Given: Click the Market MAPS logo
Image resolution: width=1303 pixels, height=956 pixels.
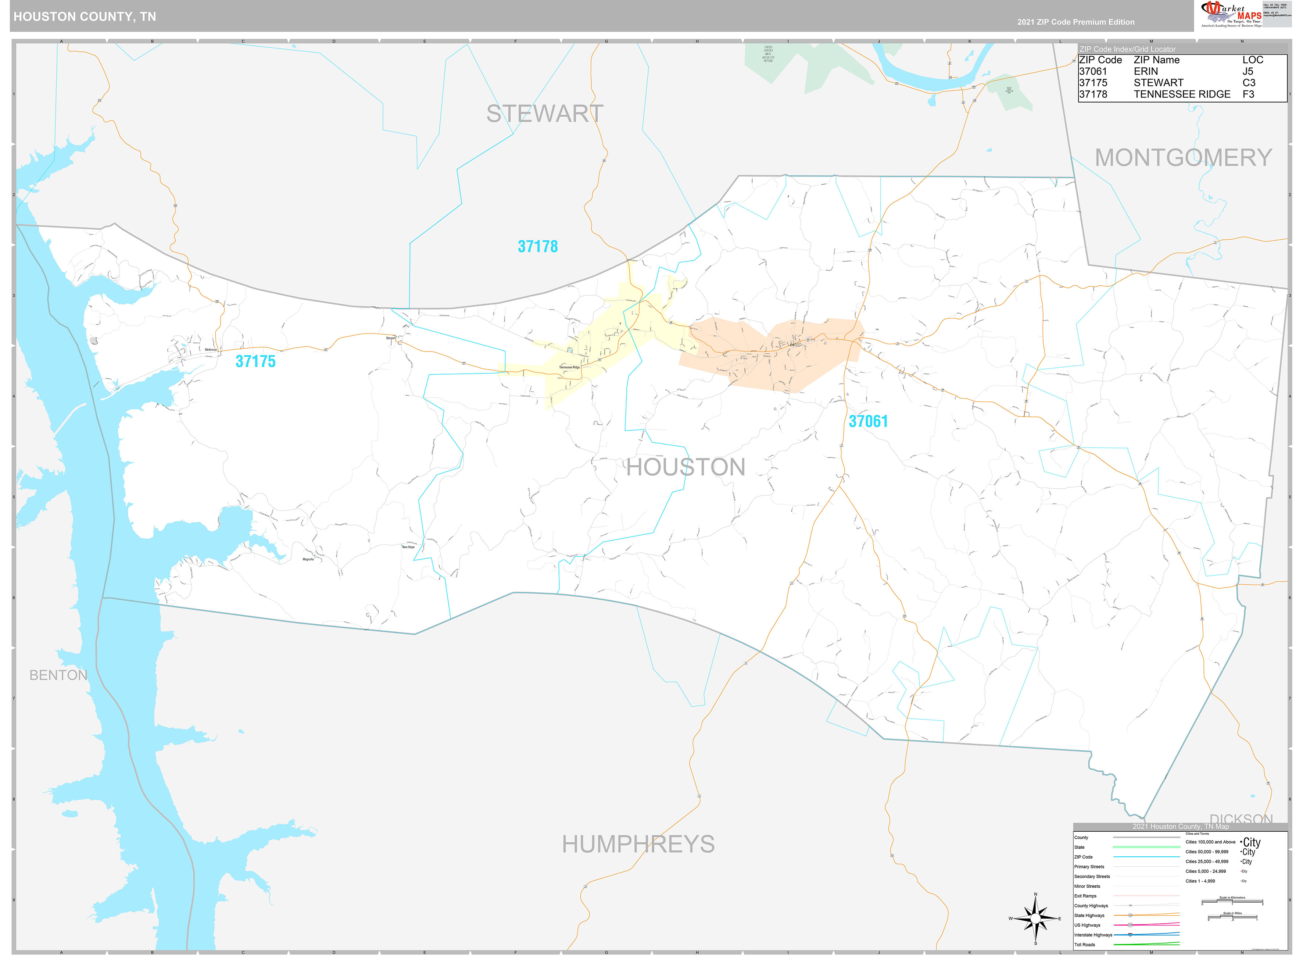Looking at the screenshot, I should coord(1230,14).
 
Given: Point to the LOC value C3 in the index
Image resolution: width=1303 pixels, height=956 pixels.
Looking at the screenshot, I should coord(1248,83).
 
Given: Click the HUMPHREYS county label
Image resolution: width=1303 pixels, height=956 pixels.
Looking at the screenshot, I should coord(638,844).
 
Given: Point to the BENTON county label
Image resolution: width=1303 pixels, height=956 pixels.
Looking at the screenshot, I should coord(58,675).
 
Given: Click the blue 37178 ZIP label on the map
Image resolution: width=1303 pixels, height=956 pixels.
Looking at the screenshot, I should coord(537,246).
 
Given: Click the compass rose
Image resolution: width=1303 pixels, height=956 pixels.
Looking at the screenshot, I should coord(1035,918).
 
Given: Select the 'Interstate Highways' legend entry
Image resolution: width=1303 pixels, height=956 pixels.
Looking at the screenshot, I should coord(1093,935).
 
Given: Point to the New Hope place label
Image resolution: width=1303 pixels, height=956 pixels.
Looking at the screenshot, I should coord(408,547).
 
